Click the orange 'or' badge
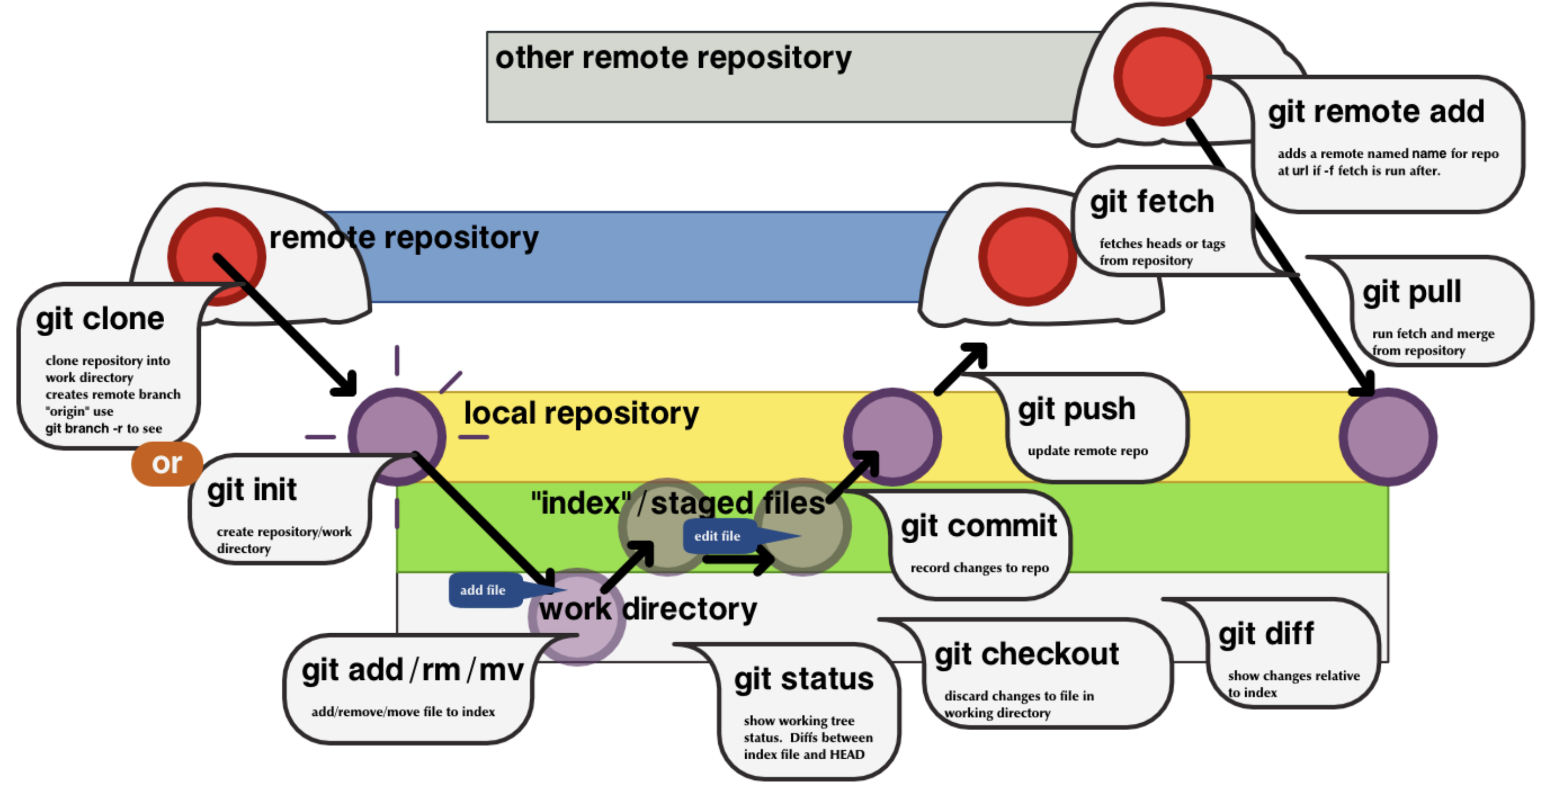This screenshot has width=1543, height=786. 167,464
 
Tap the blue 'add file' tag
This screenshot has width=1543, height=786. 483,590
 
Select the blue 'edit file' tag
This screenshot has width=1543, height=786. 717,536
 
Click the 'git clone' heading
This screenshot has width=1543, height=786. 100,319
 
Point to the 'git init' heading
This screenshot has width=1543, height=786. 252,490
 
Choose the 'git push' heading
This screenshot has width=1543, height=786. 1076,409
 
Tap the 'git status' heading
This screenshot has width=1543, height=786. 804,679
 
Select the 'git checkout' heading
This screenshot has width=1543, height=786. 1027,654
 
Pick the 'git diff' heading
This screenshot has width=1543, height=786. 1266,634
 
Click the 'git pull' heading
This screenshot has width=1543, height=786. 1412,293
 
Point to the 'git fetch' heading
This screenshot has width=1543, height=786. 1152,202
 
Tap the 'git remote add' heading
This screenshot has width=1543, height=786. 1376,112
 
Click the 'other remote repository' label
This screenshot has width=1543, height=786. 673,58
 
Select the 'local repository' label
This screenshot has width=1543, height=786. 581,414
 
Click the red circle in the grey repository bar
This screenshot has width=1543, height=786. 1162,77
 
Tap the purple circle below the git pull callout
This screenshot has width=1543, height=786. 1387,437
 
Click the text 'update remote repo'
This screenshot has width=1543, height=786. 1088,451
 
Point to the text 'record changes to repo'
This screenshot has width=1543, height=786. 979,568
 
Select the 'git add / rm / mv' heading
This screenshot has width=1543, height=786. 413,670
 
